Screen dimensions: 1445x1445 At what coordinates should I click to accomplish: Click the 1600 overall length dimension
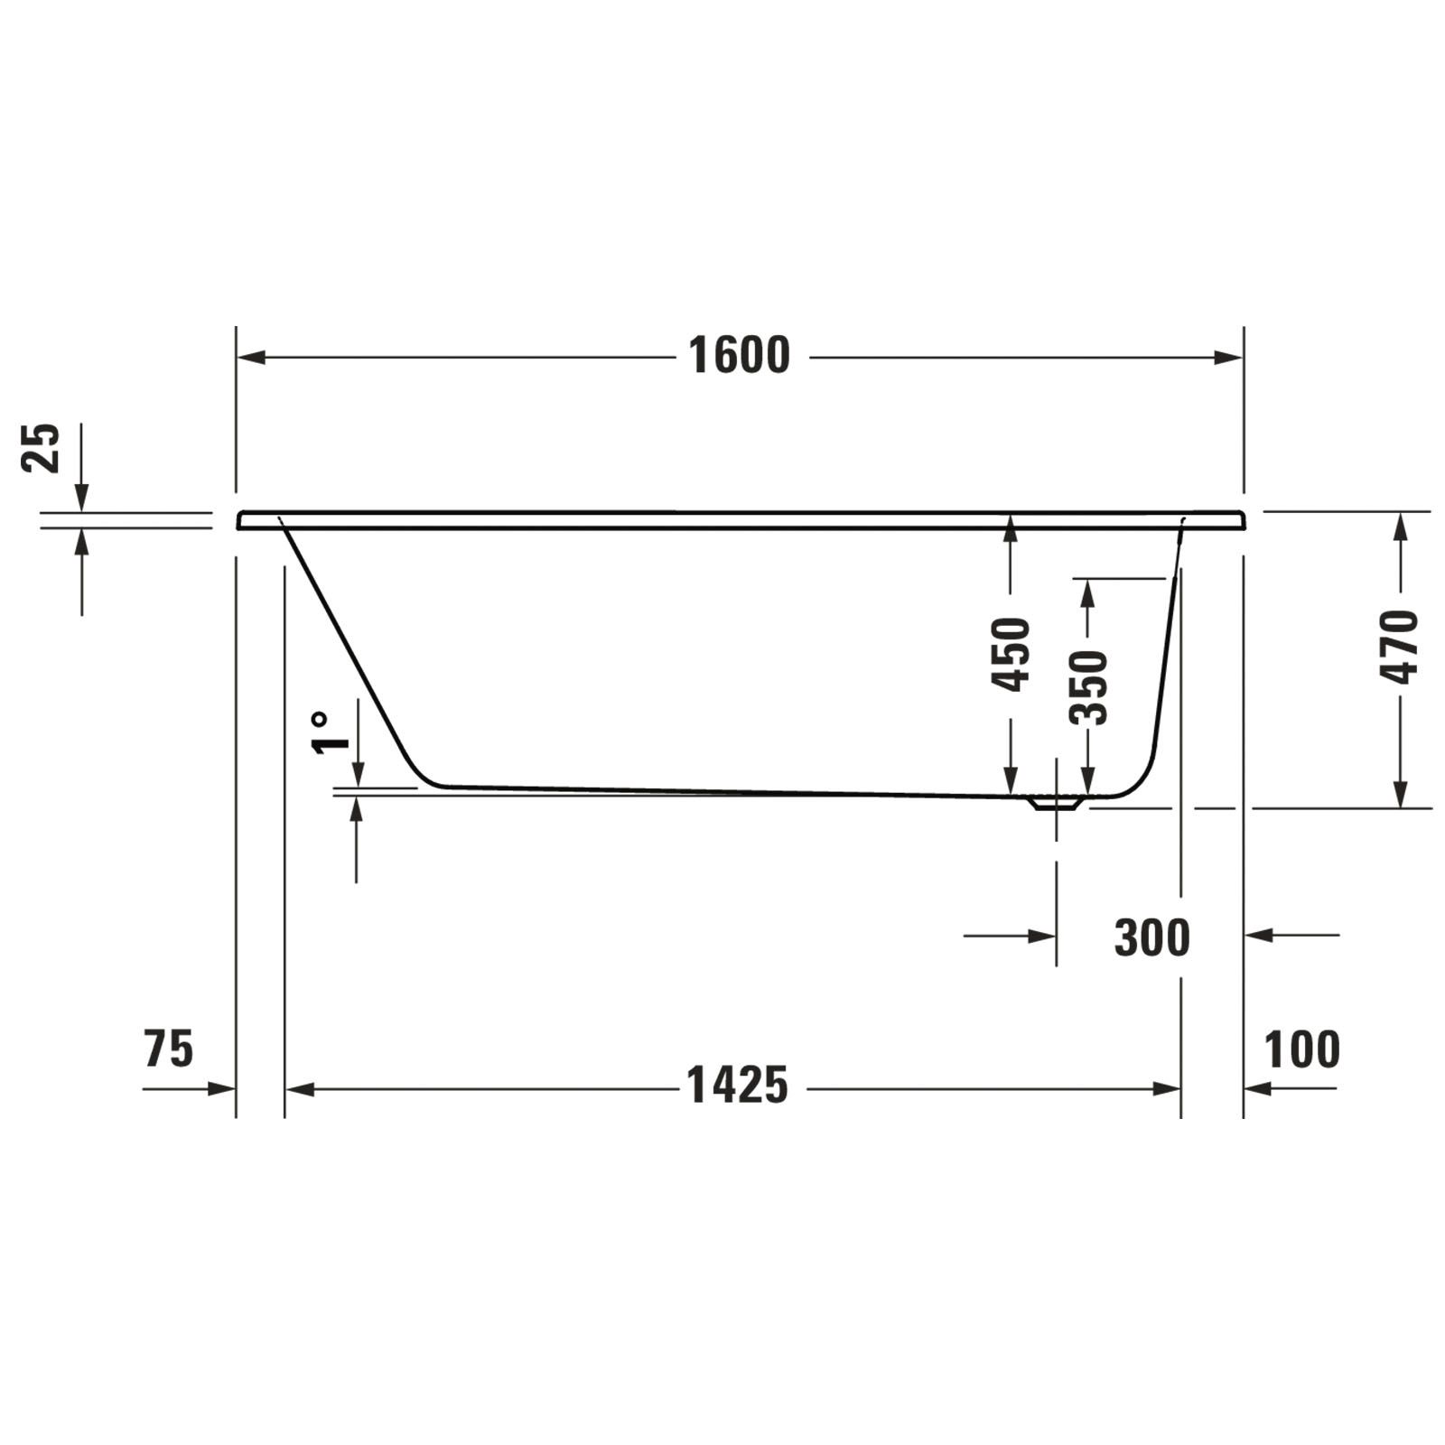(x=739, y=356)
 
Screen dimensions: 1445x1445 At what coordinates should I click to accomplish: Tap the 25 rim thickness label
(x=41, y=447)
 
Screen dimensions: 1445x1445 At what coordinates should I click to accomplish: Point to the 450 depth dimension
(x=1011, y=655)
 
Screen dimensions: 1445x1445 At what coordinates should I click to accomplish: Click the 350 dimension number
(x=1088, y=687)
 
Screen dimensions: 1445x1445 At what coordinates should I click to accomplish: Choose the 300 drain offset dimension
(x=1151, y=937)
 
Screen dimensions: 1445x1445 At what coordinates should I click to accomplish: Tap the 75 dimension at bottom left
(x=168, y=1049)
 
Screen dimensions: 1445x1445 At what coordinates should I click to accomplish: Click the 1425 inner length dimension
(x=738, y=1085)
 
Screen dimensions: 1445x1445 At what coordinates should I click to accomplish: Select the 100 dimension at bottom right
(x=1301, y=1049)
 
